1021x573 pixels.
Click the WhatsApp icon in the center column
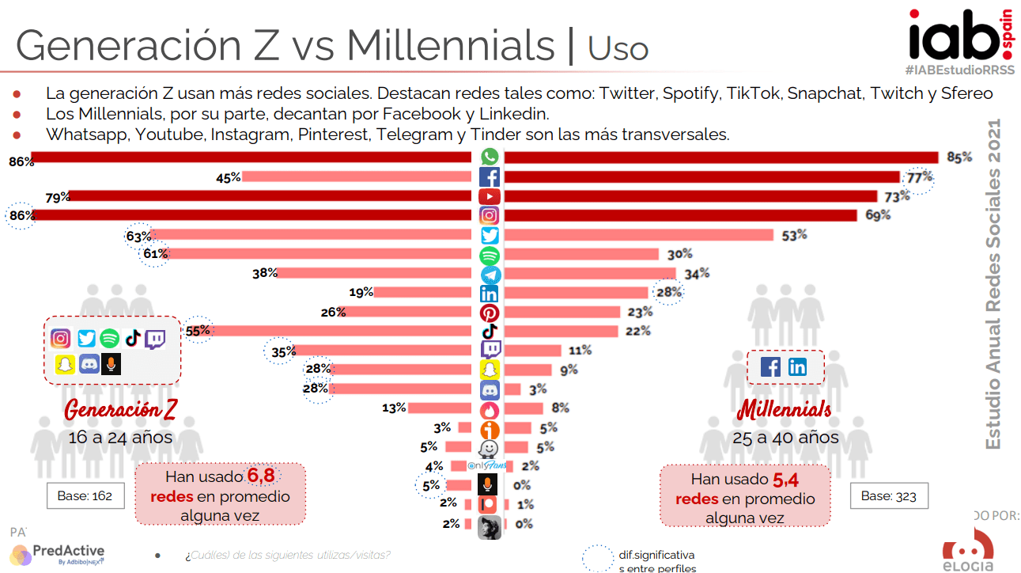pos(490,157)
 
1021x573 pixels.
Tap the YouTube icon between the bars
pos(490,196)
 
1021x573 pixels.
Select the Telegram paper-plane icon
pos(490,274)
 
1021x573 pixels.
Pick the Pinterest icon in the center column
pos(490,313)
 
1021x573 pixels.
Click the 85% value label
pos(959,157)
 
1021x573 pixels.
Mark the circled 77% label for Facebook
pos(920,178)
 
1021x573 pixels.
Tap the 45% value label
pos(228,178)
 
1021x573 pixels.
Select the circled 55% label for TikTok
pos(198,332)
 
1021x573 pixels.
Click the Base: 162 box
pos(85,496)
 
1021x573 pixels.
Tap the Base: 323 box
pos(888,496)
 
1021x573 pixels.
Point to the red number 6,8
pos(263,476)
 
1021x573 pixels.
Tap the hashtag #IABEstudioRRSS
pos(959,70)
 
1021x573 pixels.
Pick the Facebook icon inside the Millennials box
pos(771,367)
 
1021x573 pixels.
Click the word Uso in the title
pos(618,48)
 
